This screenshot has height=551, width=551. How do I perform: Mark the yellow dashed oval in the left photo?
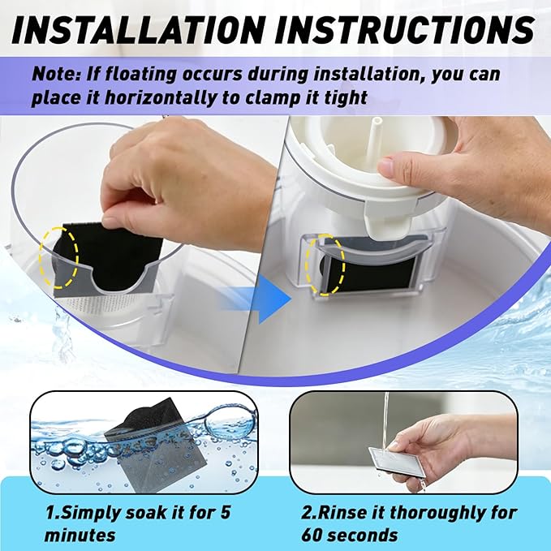(x=58, y=257)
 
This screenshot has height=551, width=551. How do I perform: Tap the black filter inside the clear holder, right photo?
(x=371, y=274)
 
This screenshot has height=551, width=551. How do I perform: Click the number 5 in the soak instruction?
(x=224, y=512)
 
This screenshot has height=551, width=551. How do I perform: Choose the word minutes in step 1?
(x=80, y=536)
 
